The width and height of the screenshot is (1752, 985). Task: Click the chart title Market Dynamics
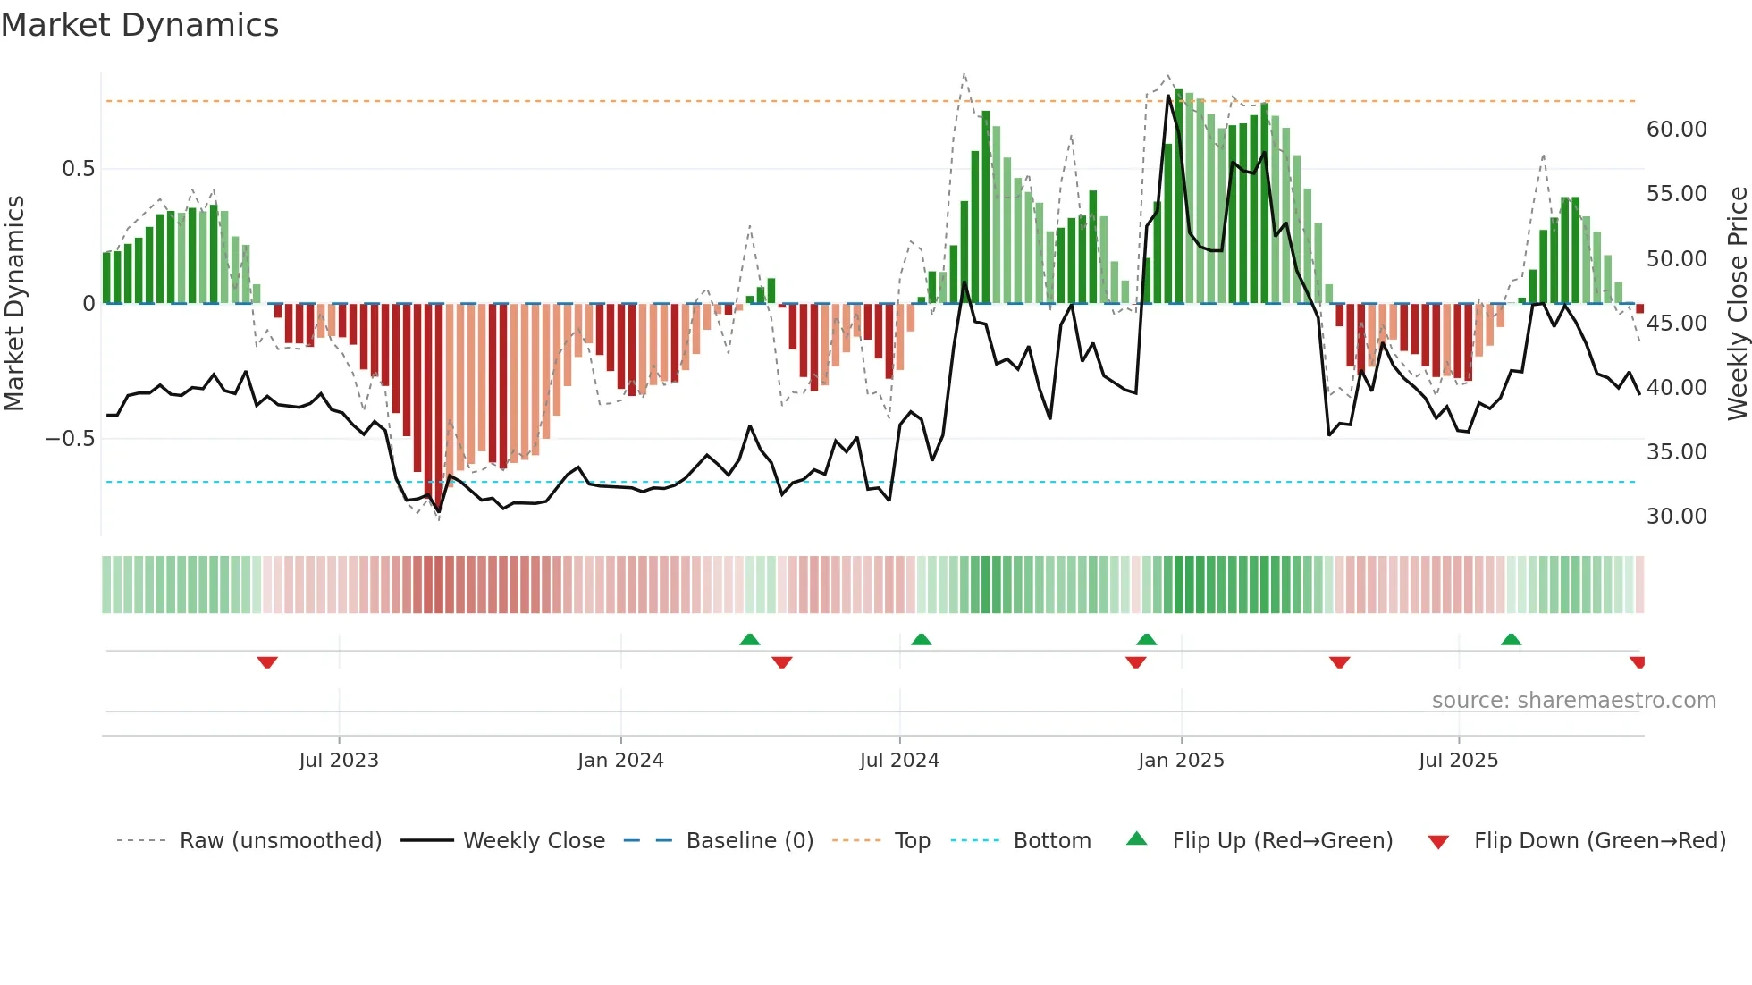point(139,25)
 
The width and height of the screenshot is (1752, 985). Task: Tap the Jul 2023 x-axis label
point(339,761)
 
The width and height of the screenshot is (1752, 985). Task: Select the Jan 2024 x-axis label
point(620,761)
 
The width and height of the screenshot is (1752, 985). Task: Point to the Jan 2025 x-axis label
point(1181,761)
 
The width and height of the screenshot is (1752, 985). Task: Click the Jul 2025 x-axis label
point(1458,761)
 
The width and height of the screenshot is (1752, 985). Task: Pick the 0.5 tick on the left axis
point(78,169)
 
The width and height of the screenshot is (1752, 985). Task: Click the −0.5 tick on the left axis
point(70,439)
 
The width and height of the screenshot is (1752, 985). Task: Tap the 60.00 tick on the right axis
point(1676,130)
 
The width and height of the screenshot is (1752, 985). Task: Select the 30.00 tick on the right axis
point(1676,517)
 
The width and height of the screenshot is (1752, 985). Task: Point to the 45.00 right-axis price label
point(1676,324)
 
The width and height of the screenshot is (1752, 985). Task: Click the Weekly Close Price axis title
point(1737,304)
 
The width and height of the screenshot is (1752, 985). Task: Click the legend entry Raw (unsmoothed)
point(280,841)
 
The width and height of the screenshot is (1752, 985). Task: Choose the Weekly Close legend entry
point(534,841)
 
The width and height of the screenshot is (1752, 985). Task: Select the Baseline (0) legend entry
point(749,841)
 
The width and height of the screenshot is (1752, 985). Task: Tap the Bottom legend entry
point(1051,841)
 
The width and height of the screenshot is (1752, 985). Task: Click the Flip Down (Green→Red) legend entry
point(1599,841)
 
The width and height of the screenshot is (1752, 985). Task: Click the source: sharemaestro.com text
point(1573,701)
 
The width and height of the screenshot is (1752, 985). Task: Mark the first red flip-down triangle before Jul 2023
point(267,662)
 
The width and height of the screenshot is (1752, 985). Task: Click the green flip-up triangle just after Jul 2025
point(1511,639)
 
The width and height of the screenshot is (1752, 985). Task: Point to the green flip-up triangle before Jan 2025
point(1146,639)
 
